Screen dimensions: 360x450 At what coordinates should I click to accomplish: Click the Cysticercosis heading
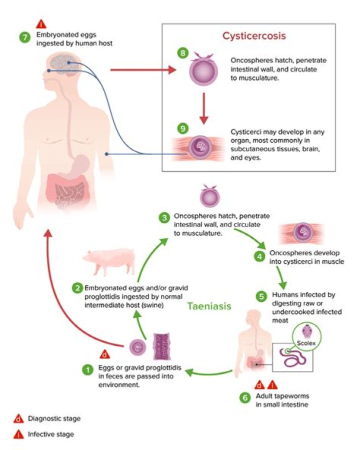tap(254, 36)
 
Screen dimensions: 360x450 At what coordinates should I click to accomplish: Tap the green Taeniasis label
tap(209, 306)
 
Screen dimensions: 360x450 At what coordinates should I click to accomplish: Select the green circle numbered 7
tap(25, 38)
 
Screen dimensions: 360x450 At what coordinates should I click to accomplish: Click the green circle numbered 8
tap(183, 53)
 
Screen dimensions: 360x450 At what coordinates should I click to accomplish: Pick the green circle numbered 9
tap(183, 128)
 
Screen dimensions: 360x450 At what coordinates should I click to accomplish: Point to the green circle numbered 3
tap(164, 218)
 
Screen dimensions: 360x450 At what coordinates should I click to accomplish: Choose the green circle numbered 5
tap(261, 296)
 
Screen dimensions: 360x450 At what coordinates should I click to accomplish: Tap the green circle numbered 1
tap(87, 369)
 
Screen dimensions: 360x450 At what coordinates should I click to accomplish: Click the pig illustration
tap(109, 261)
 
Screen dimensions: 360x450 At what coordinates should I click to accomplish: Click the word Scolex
tap(306, 343)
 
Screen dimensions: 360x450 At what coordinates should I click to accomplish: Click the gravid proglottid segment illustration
tap(162, 346)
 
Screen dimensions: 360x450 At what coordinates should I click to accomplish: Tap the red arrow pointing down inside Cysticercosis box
tap(203, 108)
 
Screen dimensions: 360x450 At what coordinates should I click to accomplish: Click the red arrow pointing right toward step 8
tap(143, 70)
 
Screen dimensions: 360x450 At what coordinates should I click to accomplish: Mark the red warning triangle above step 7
tap(41, 24)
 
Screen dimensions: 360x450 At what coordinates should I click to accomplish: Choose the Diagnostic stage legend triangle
tap(18, 419)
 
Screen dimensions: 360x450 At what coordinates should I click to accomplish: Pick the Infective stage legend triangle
tap(18, 434)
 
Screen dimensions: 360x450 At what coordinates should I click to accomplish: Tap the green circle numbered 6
tap(245, 397)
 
